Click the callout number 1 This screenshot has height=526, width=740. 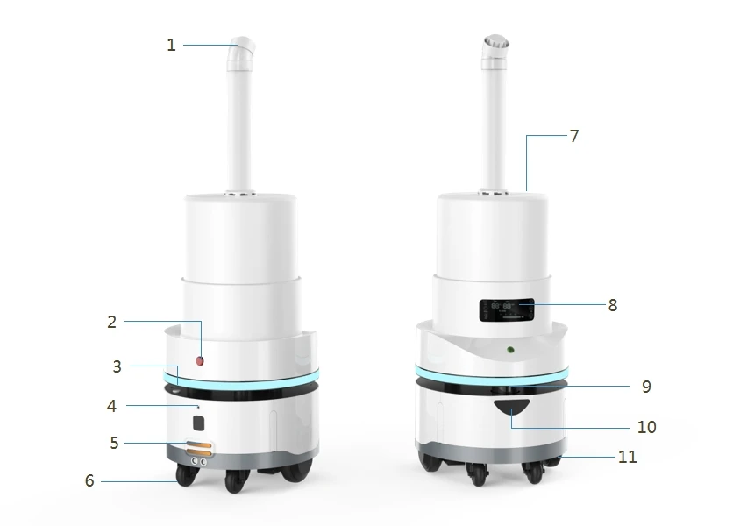click(x=171, y=46)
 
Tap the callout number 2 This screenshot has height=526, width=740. click(x=112, y=323)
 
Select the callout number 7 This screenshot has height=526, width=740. click(x=574, y=137)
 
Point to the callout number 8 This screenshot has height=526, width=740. click(x=613, y=305)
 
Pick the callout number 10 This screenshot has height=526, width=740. click(x=646, y=427)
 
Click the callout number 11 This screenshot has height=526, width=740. click(x=627, y=457)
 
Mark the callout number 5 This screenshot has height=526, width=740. click(x=114, y=443)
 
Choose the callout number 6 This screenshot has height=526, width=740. click(x=89, y=480)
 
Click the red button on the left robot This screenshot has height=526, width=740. click(x=200, y=361)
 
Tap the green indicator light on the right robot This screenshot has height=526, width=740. click(x=510, y=350)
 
